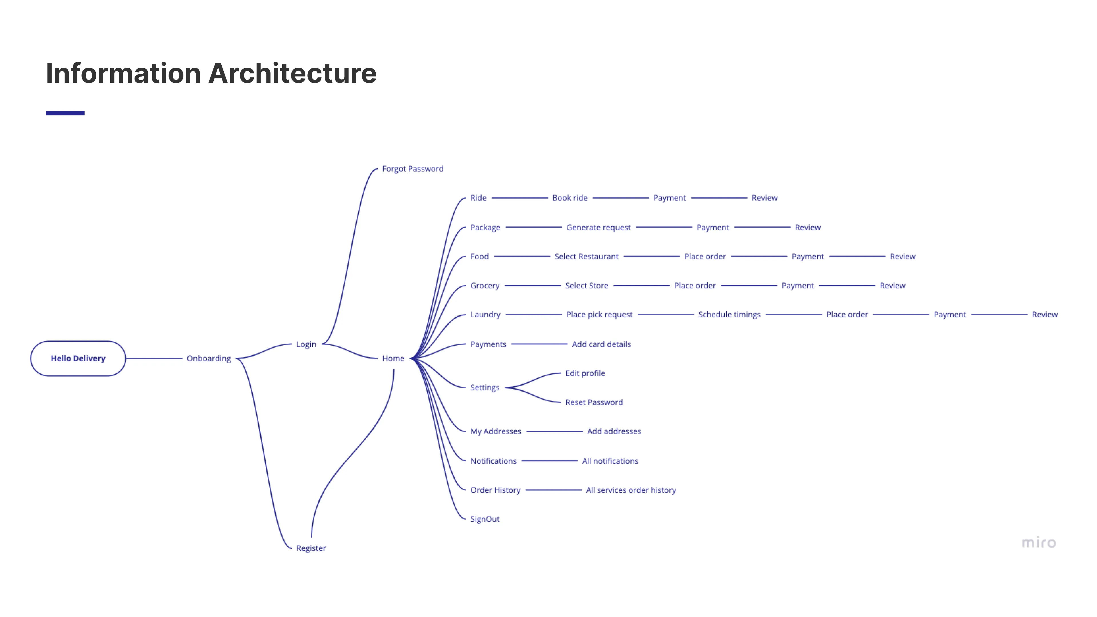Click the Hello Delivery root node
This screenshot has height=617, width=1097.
[78, 358]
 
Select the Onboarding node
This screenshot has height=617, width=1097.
[209, 358]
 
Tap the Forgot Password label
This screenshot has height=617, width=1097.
[412, 169]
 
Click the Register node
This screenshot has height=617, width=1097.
[311, 548]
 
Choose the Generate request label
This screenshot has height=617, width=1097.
[598, 227]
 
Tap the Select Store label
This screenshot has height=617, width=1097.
[586, 286]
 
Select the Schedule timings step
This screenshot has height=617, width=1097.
[729, 315]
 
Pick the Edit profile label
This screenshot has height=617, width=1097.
[585, 373]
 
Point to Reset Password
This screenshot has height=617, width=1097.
[594, 402]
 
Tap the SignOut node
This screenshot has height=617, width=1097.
[485, 519]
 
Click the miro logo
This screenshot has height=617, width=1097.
[1039, 542]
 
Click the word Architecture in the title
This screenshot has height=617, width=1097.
[292, 73]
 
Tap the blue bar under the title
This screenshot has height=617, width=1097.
[65, 113]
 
